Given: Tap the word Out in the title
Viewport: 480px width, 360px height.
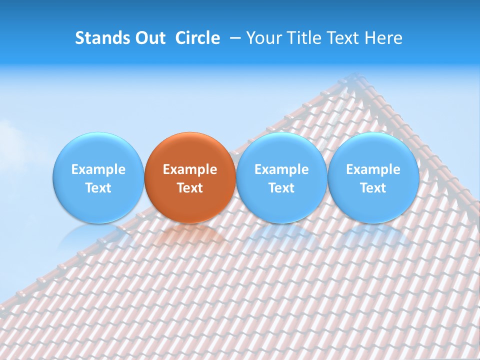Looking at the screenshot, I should click(x=149, y=38).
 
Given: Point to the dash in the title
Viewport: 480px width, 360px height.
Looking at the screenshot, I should click(x=236, y=38).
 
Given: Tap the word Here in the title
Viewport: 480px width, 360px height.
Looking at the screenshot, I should click(x=383, y=38).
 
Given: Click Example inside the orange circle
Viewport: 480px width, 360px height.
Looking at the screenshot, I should click(x=190, y=169).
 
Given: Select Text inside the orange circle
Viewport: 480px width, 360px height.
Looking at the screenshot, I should click(x=190, y=188).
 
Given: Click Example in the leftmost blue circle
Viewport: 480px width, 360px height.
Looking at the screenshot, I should click(x=98, y=169).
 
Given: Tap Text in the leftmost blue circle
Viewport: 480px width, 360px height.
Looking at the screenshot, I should click(x=98, y=188).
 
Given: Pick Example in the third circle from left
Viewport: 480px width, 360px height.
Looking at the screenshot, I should click(x=281, y=169).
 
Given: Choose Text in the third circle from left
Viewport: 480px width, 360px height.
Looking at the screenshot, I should click(x=281, y=188).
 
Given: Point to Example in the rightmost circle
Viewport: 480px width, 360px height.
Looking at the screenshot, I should click(x=373, y=169).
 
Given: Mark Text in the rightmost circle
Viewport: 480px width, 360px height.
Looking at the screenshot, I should click(x=373, y=188).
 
